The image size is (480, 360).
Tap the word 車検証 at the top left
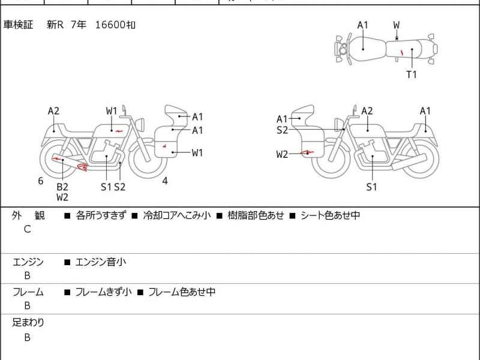pyautogui.click(x=19, y=25)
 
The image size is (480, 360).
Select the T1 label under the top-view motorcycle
pyautogui.click(x=412, y=74)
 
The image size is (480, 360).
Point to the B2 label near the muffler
pyautogui.click(x=62, y=187)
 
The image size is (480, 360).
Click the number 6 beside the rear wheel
pyautogui.click(x=41, y=181)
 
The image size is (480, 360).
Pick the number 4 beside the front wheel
pyautogui.click(x=165, y=181)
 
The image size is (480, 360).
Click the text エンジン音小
pyautogui.click(x=101, y=262)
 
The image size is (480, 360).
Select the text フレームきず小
pyautogui.click(x=104, y=292)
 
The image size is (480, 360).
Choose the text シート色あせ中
pyautogui.click(x=330, y=215)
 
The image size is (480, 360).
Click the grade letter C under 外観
pyautogui.click(x=27, y=229)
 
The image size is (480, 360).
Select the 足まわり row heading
pyautogui.click(x=28, y=322)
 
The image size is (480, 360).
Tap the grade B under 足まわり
pyautogui.click(x=27, y=337)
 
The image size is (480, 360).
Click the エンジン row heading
pyautogui.click(x=28, y=262)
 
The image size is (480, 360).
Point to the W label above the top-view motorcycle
pyautogui.click(x=397, y=25)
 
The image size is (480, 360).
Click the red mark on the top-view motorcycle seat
pyautogui.click(x=401, y=53)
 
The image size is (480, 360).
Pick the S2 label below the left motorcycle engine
pyautogui.click(x=120, y=187)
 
